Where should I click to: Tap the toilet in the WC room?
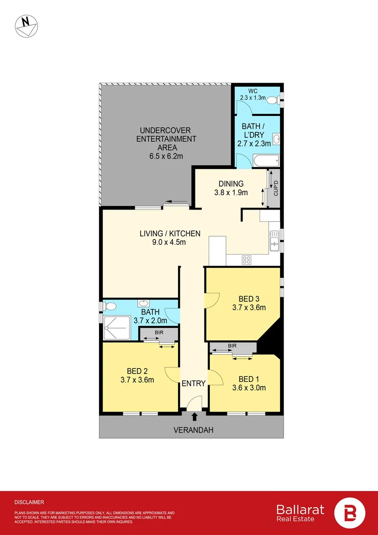272,100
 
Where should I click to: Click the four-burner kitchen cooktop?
246,260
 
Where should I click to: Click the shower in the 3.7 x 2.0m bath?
117,328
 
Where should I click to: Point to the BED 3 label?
249,299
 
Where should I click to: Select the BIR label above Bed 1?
232,345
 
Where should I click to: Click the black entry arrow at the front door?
193,417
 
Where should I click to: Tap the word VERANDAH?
193,430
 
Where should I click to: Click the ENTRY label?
193,383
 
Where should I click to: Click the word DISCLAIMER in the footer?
29,502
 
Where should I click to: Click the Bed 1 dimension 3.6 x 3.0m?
249,388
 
